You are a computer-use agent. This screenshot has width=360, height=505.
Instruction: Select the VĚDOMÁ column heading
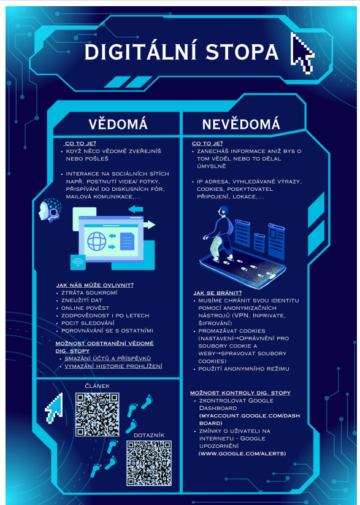(x=118, y=125)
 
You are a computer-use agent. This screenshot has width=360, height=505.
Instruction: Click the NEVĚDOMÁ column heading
(x=241, y=125)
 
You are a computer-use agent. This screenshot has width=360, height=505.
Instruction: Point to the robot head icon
(x=49, y=210)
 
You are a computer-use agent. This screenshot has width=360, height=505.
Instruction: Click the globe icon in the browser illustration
(x=97, y=242)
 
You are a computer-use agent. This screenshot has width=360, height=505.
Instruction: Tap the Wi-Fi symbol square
(x=78, y=262)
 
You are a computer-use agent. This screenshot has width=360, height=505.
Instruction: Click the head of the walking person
(x=223, y=212)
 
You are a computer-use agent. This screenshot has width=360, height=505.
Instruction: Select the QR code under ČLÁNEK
(x=98, y=415)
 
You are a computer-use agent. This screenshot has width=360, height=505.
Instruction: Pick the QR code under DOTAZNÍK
(x=149, y=463)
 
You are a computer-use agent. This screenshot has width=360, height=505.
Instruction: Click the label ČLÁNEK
(x=98, y=386)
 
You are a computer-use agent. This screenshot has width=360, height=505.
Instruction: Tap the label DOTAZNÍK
(x=149, y=436)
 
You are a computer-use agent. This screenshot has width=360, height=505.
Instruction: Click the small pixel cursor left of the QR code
(x=54, y=409)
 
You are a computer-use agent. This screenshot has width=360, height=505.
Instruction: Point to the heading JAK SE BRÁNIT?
(x=217, y=293)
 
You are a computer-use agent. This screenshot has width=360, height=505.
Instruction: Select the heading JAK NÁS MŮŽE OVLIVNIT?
(x=94, y=285)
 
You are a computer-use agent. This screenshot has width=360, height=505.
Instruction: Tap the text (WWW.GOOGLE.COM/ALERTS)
(x=242, y=453)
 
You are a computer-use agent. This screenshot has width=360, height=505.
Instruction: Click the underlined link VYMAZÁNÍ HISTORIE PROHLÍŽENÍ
(x=113, y=366)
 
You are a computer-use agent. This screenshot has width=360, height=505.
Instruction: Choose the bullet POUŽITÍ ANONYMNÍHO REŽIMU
(x=243, y=369)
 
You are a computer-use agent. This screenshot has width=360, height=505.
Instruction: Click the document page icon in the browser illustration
(x=127, y=242)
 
